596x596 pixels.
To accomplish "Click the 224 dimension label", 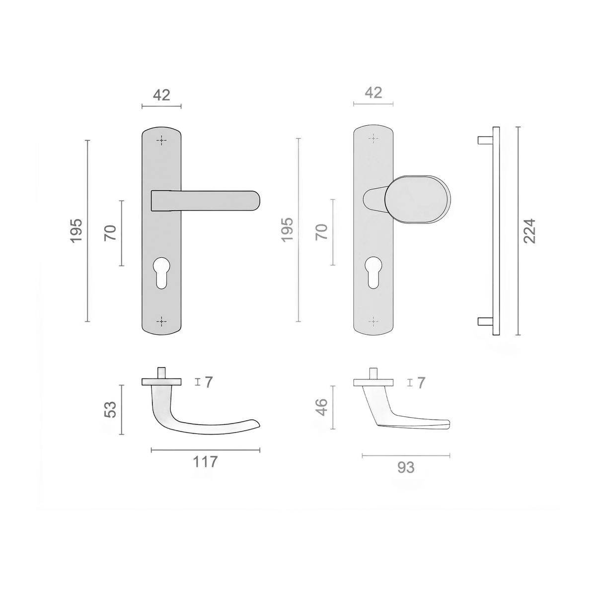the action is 529,231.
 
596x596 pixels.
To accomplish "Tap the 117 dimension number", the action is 205,462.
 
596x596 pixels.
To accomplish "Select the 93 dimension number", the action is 406,467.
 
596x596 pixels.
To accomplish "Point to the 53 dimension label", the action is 110,409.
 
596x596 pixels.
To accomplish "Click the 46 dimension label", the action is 322,407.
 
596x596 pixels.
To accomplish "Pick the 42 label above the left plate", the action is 161,95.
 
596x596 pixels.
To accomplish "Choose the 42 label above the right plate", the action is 373,92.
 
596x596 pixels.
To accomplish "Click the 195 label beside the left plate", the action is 76,231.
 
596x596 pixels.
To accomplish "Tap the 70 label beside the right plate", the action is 322,232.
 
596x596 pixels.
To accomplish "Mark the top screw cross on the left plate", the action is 161,141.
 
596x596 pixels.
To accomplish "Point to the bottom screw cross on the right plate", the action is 373,322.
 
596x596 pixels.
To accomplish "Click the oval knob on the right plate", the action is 418,199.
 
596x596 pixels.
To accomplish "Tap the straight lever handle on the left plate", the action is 205,201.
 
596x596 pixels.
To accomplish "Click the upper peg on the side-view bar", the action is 485,141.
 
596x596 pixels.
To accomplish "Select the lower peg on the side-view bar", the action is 485,321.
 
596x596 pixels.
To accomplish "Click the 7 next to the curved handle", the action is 209,382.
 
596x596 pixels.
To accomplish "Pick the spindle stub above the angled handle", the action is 373,373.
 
